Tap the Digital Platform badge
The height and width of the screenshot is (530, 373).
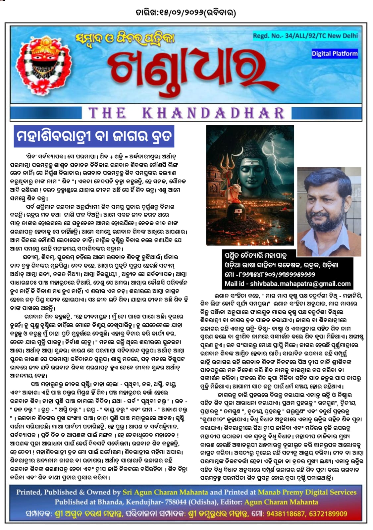coord(335,54)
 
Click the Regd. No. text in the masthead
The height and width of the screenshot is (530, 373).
coord(305,36)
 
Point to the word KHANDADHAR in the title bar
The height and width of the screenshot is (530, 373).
coord(213,113)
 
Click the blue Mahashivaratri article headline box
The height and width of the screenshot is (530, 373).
coord(94,136)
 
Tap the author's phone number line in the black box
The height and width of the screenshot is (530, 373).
coord(270,274)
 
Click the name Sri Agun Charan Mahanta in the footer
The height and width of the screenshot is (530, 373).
coord(165,492)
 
